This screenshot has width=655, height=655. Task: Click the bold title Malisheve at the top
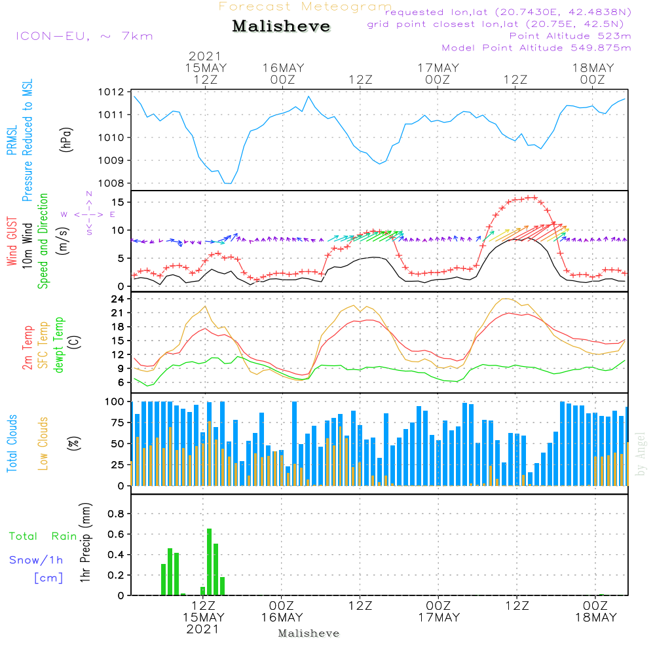click(x=281, y=26)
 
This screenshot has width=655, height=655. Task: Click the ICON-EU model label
click(x=84, y=36)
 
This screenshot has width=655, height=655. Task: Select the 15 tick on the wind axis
click(x=118, y=202)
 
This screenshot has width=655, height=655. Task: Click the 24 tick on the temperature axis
click(x=118, y=299)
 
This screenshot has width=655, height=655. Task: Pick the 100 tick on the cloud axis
click(x=115, y=401)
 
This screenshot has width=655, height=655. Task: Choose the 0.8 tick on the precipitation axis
click(x=115, y=514)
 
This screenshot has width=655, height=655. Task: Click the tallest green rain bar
click(x=210, y=561)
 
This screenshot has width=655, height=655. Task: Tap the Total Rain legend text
click(x=43, y=536)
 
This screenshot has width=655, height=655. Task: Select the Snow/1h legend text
click(x=35, y=560)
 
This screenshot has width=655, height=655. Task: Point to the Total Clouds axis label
click(x=12, y=443)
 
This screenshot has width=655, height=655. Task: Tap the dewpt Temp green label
click(x=60, y=345)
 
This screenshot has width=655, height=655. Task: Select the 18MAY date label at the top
click(x=593, y=68)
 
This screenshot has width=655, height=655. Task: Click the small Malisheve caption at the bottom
click(x=309, y=633)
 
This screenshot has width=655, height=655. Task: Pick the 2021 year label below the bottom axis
click(x=203, y=629)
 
